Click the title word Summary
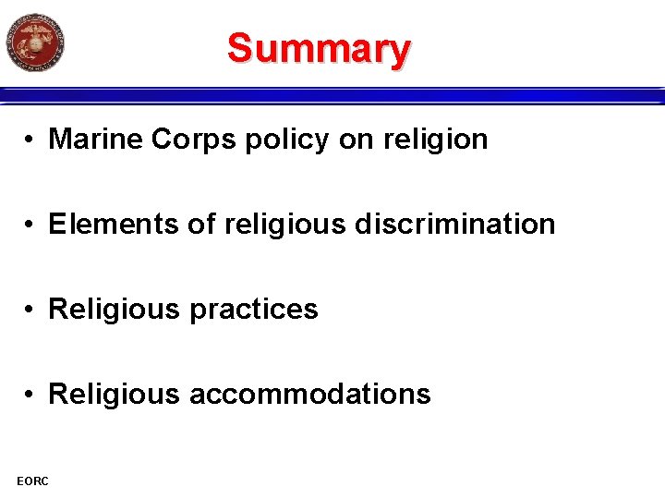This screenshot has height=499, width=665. click(x=319, y=48)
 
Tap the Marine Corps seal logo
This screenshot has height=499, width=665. click(x=35, y=42)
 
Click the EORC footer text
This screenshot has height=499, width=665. click(x=32, y=480)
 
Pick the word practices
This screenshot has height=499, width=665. click(x=253, y=310)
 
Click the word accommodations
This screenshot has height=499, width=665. click(x=309, y=395)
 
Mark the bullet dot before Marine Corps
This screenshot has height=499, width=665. click(x=30, y=140)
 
